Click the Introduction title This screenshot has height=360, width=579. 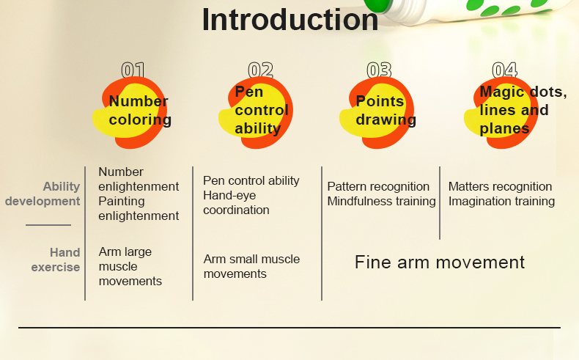(x=290, y=20)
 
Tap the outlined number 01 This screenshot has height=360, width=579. (x=133, y=70)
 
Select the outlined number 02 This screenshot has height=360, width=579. (x=260, y=70)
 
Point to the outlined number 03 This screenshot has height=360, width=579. (x=379, y=70)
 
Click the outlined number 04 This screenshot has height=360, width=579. (x=504, y=70)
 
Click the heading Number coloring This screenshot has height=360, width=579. (x=139, y=111)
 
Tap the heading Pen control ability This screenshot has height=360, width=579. (x=261, y=111)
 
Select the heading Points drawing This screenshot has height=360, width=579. (x=386, y=111)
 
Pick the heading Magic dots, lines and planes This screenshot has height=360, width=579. (x=523, y=111)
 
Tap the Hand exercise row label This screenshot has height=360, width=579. (x=56, y=260)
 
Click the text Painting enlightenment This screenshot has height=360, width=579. (x=139, y=209)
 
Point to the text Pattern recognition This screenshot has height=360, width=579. (x=378, y=187)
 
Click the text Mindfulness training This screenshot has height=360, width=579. (x=381, y=202)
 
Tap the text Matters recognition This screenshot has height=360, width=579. (x=500, y=187)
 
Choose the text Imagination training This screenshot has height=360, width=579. (x=501, y=202)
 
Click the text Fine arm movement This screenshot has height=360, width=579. (x=440, y=262)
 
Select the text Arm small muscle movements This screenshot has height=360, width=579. (x=251, y=267)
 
